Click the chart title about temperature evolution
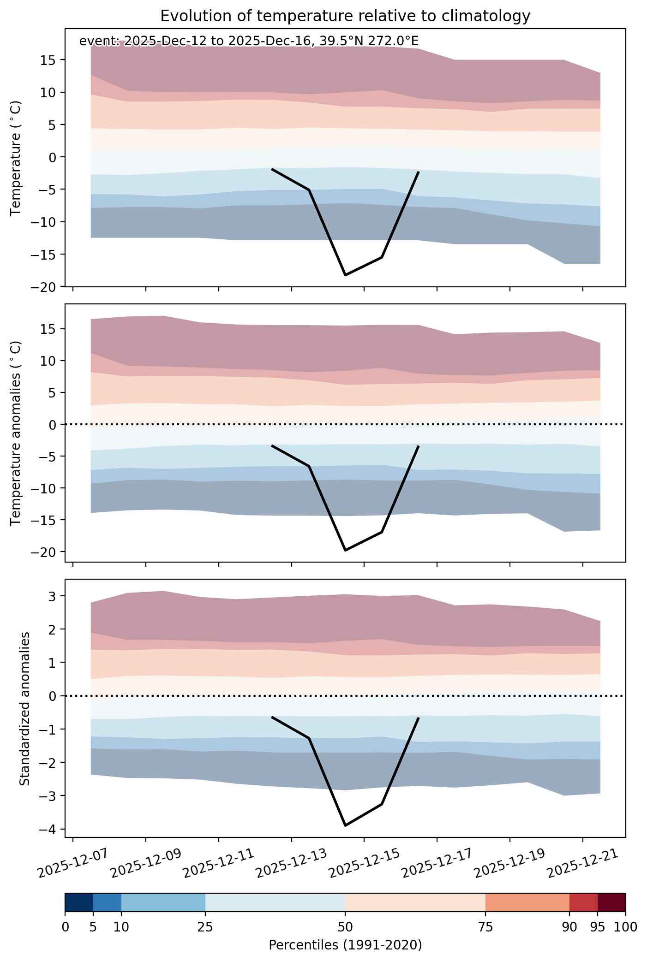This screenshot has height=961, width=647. (x=345, y=16)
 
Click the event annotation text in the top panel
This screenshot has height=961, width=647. (x=249, y=41)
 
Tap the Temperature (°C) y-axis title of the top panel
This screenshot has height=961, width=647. (x=16, y=158)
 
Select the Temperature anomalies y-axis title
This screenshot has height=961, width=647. (x=16, y=433)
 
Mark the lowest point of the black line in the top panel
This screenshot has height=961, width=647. (x=345, y=275)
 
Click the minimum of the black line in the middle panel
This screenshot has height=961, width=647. (x=345, y=551)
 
